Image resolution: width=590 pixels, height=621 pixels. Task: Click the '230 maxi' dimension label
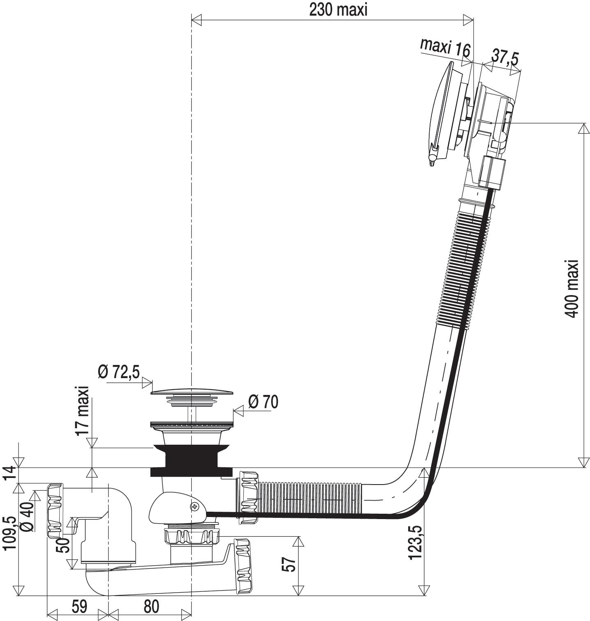338,10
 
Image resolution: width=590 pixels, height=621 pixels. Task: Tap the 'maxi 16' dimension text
445,48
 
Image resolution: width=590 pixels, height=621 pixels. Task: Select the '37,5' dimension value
505,57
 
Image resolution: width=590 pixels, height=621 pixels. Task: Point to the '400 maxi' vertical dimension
571,288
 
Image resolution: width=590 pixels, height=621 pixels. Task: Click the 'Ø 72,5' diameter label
119,372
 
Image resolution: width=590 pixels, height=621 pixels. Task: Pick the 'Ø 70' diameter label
264,402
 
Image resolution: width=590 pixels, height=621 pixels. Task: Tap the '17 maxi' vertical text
83,411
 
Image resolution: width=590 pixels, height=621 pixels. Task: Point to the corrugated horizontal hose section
312,498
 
